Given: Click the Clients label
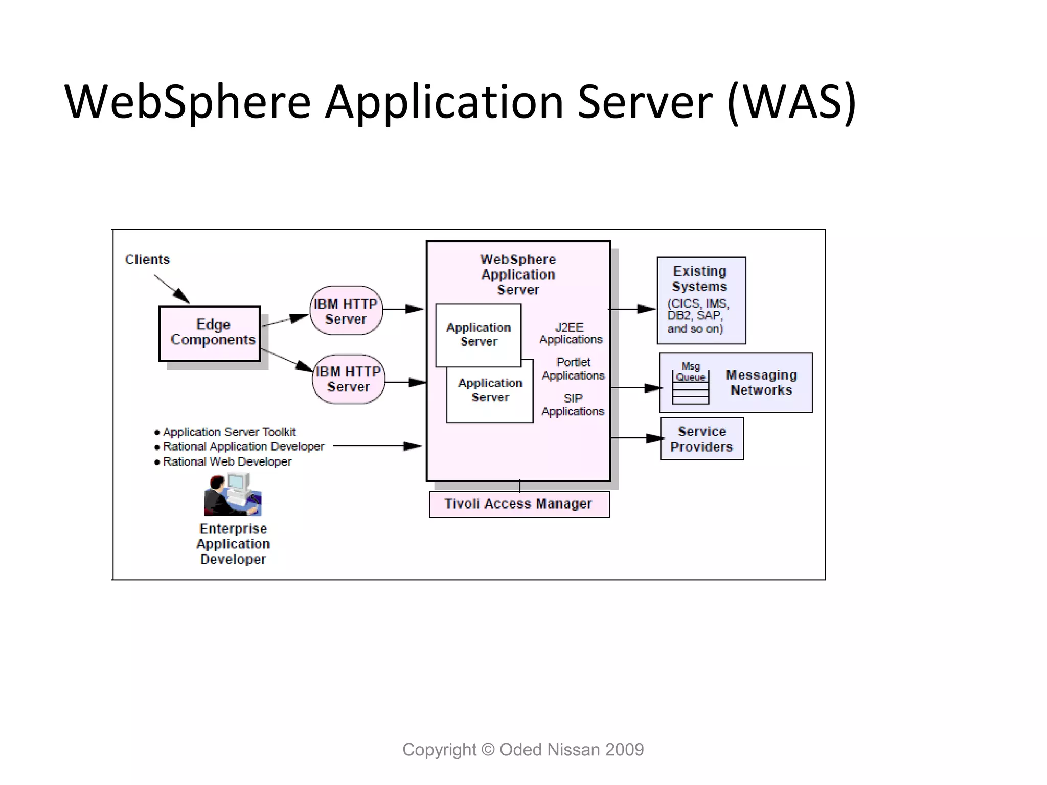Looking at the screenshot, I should tap(147, 260).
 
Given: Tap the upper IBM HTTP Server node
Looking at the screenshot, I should tap(346, 311).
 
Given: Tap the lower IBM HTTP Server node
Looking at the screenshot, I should tap(349, 379).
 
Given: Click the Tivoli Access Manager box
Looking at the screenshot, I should tap(519, 504).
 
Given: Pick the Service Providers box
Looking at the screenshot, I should tap(701, 439).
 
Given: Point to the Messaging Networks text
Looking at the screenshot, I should tap(761, 382).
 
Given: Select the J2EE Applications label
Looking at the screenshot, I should tap(571, 333).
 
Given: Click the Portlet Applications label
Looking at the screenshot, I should tap(573, 369).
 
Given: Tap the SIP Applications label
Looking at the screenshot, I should tap(573, 405).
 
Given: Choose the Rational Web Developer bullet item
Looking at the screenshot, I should tap(226, 461).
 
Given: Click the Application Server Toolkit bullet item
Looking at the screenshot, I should tap(229, 432).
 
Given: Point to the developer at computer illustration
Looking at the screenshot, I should tap(233, 495).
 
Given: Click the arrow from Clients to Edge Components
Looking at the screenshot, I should tap(172, 289).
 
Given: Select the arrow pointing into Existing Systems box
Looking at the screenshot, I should tap(632, 309).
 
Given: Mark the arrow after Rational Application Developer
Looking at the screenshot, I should tap(377, 446).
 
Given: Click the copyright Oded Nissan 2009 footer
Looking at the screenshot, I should tap(523, 750).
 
